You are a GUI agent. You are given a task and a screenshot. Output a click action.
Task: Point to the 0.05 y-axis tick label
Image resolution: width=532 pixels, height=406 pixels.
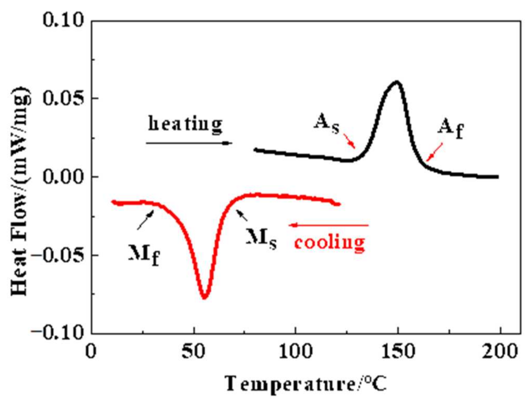click(63, 99)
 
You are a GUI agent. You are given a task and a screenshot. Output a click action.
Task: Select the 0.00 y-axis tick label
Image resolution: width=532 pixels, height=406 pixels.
click(63, 177)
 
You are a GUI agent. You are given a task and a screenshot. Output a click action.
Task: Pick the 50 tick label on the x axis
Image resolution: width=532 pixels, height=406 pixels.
click(194, 351)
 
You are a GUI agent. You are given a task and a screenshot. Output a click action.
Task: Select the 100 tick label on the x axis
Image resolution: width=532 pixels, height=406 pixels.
click(295, 351)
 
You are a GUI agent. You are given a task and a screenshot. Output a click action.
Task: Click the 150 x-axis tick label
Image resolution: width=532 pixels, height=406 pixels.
click(398, 351)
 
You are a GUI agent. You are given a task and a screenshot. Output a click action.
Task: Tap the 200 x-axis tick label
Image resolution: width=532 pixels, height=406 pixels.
click(500, 351)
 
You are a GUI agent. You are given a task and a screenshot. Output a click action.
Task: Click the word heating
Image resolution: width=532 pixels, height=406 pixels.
click(185, 124)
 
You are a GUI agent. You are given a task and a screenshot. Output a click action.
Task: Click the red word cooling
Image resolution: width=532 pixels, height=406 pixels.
click(329, 242)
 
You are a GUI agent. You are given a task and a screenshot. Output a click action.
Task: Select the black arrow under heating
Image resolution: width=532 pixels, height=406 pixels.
click(189, 143)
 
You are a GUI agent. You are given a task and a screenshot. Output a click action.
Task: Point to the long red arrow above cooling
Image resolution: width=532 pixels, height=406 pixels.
click(329, 225)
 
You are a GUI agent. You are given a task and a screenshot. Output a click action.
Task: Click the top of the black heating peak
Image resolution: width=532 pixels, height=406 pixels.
click(397, 82)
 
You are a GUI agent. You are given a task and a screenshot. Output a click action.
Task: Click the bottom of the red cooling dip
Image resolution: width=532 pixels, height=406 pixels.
click(204, 298)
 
